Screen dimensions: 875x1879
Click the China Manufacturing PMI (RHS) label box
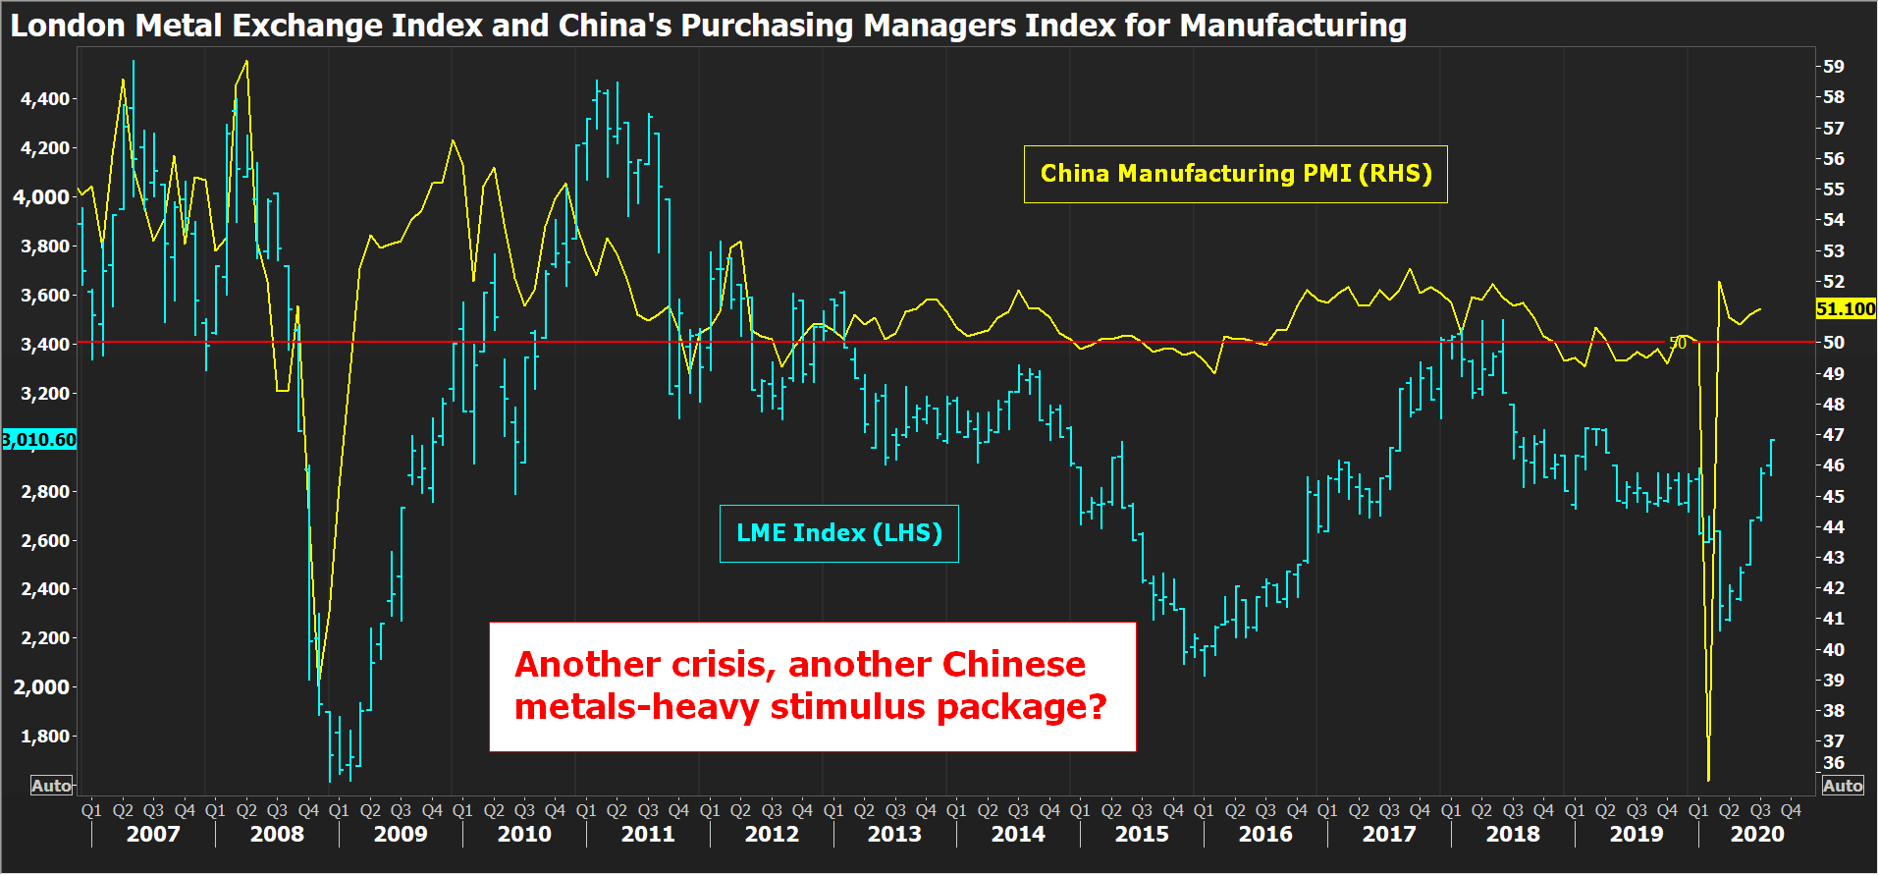click(1235, 174)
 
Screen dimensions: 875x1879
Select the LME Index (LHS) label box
click(838, 533)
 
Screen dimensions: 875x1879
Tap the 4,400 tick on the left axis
click(45, 98)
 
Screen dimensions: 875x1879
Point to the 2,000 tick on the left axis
click(45, 686)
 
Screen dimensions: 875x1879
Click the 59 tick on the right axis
click(1833, 67)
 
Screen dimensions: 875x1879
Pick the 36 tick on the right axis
click(1833, 763)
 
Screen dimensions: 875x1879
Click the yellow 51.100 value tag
click(1845, 309)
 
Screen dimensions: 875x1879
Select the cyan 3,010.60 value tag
click(39, 439)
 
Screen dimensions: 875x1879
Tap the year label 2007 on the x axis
click(153, 835)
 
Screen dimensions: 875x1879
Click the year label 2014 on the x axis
click(1018, 835)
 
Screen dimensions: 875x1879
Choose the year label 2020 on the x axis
click(1756, 835)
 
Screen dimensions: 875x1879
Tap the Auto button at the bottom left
click(51, 786)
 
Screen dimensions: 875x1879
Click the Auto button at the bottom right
click(1842, 786)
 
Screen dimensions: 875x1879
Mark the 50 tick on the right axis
click(1833, 343)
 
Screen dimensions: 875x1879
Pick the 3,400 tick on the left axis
click(45, 344)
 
